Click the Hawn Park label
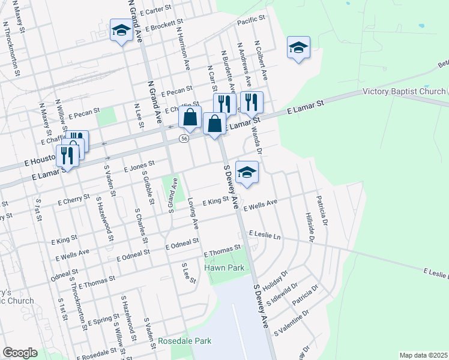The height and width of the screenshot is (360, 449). point(225,268)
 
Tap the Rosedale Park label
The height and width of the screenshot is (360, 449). point(185,341)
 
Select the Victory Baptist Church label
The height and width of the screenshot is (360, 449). point(405,92)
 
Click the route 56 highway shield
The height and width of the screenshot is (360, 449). point(184,139)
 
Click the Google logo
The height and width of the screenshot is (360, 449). point(19,353)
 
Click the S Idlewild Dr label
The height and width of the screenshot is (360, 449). point(286,293)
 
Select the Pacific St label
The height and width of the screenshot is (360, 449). point(251,20)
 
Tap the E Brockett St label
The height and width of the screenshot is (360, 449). point(163,26)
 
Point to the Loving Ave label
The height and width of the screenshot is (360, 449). point(193,213)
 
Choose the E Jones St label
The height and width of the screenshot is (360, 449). point(140,166)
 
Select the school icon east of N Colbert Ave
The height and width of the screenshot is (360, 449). point(298,48)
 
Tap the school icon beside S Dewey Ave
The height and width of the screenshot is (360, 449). point(247,172)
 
